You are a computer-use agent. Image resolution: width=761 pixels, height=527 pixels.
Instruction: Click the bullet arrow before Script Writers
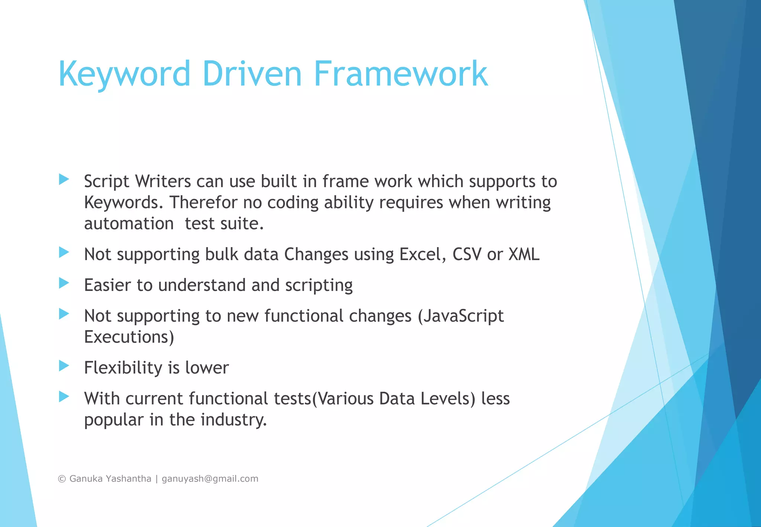coord(64,180)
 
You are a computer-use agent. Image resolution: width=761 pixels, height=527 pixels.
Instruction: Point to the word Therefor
coord(203,203)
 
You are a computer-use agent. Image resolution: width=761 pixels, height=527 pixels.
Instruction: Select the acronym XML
coord(524,255)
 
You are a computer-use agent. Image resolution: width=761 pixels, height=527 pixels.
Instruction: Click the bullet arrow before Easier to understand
coord(64,283)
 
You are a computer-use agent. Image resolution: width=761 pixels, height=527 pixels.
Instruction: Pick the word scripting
coord(319,286)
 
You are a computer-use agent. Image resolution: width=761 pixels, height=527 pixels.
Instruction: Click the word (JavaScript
coord(461,316)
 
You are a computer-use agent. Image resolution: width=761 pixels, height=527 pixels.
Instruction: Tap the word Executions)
coord(129,337)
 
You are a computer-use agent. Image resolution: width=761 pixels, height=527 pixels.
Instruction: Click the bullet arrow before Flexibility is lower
coord(64,366)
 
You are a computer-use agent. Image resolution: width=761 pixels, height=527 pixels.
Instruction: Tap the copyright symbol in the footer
coord(62,479)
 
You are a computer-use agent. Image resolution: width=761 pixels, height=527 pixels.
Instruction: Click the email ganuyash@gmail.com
coord(210,479)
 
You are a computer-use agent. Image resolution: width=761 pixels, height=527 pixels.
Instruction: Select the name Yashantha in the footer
coord(129,479)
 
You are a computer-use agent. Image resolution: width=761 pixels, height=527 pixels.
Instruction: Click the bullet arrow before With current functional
coord(64,397)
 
